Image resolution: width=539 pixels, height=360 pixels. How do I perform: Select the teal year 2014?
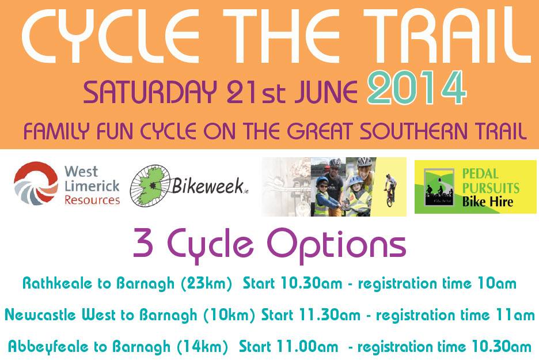(x=416, y=88)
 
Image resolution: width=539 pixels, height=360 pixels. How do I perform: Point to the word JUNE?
(x=325, y=92)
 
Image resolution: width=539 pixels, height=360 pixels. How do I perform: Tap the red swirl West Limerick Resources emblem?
(x=36, y=183)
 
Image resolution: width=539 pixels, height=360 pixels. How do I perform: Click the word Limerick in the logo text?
(x=92, y=186)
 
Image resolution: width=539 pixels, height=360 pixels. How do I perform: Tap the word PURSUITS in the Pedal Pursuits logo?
(x=491, y=188)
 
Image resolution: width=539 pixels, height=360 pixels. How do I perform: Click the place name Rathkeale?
(x=58, y=283)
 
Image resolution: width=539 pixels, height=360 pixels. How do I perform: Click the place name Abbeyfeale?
(x=50, y=346)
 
